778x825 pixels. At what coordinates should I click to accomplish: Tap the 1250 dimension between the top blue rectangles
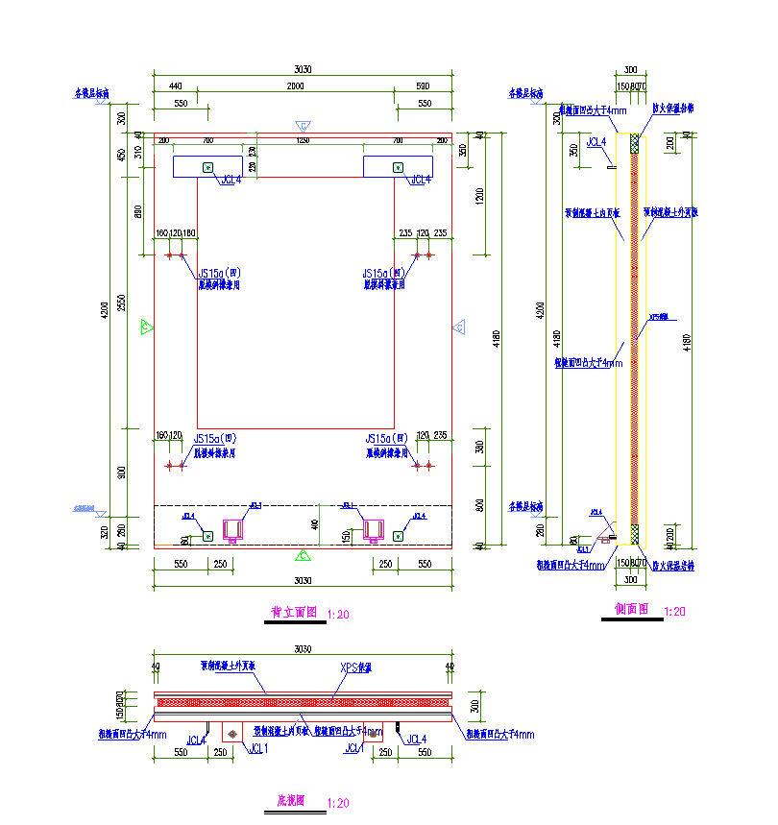click(x=303, y=140)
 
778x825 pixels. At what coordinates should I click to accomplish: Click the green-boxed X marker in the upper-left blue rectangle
click(x=207, y=168)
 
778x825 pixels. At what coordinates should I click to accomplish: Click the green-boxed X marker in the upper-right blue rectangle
click(x=398, y=168)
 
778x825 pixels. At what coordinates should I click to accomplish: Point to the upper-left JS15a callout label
click(x=220, y=273)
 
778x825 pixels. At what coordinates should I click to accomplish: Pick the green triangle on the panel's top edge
click(x=303, y=126)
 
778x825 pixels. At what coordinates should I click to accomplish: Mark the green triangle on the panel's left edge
click(x=147, y=328)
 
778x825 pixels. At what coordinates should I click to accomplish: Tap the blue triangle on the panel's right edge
click(x=459, y=328)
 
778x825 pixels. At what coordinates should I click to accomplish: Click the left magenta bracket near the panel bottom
click(x=233, y=529)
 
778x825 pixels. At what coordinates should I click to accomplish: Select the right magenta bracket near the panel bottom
click(x=373, y=529)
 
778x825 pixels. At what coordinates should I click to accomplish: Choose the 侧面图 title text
click(x=632, y=609)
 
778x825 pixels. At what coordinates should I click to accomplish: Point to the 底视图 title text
click(x=291, y=800)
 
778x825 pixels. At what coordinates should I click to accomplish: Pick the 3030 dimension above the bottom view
click(x=304, y=650)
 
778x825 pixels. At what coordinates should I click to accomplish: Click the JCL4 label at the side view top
click(x=596, y=142)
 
